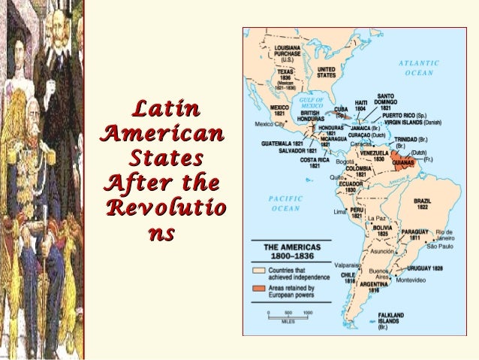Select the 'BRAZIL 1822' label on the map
pyautogui.click(x=422, y=204)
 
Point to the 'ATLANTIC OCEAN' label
pyautogui.click(x=419, y=68)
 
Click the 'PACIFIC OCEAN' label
pyautogui.click(x=285, y=203)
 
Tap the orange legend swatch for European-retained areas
pyautogui.click(x=259, y=289)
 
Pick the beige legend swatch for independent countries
pyautogui.click(x=259, y=269)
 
